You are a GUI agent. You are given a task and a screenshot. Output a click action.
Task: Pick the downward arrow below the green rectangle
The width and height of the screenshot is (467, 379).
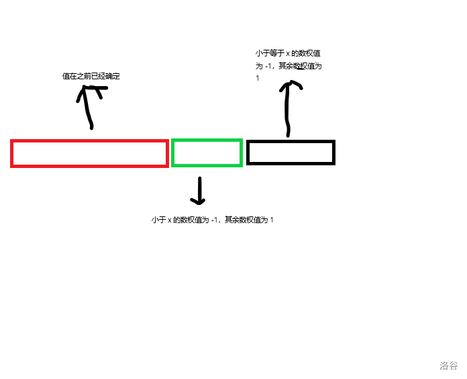tap(199, 191)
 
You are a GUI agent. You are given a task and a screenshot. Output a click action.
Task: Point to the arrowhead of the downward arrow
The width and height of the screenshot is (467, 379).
tap(198, 200)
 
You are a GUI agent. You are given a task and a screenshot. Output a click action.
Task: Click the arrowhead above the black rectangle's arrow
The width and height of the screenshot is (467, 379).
tap(291, 85)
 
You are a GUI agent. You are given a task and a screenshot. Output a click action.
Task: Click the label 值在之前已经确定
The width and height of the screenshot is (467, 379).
tap(91, 77)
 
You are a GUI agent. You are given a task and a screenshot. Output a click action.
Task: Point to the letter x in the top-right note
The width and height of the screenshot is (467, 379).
tap(288, 53)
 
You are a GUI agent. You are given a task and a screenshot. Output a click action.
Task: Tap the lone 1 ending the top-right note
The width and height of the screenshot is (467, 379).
tap(257, 79)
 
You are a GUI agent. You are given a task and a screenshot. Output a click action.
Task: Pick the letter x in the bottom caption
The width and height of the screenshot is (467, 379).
tap(170, 220)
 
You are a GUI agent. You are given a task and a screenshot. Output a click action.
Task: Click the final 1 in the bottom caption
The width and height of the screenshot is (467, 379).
tap(272, 220)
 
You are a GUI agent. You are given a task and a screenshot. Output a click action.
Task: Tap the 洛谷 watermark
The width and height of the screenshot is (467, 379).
tap(449, 366)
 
